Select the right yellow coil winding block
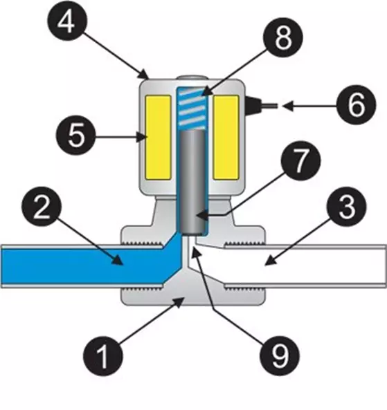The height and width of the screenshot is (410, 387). [x=226, y=136]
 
